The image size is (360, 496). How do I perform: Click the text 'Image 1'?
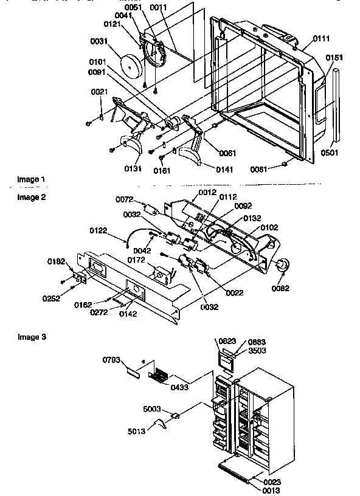coord(30,179)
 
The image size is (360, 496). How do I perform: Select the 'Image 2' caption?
coord(30,197)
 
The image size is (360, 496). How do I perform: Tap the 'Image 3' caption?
coord(30,336)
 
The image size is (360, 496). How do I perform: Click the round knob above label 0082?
coord(282,266)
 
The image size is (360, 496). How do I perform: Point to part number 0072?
coord(125,199)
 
